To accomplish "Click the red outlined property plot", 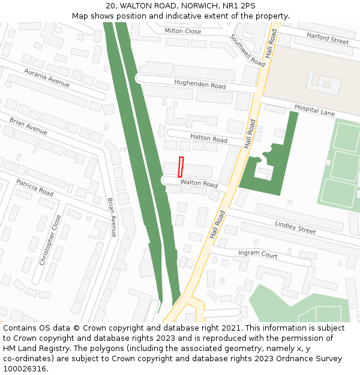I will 180,166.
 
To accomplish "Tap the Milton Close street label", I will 183,31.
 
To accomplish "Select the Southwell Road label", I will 247,50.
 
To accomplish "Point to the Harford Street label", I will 328,38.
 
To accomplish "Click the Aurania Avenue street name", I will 47,77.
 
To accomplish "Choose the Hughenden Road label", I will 200,84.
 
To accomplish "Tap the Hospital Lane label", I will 314,110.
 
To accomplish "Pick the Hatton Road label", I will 209,138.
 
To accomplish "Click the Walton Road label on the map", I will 199,183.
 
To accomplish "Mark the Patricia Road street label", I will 35,187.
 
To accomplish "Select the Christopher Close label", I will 50,240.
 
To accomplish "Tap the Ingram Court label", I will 257,254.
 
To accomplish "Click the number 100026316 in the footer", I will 25,368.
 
